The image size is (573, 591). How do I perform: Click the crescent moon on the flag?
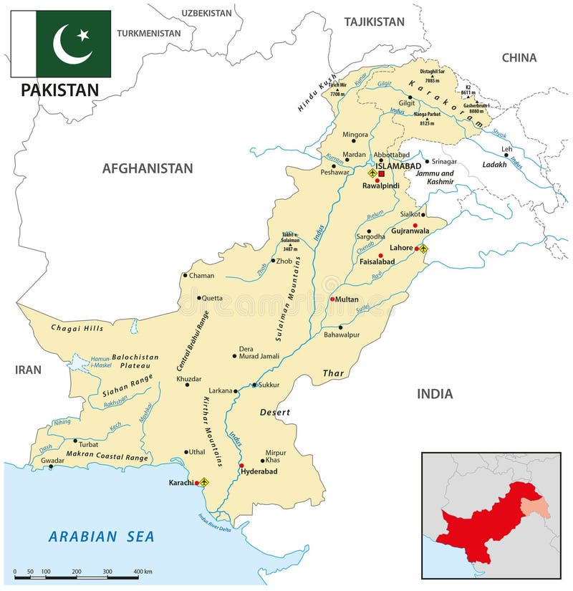pos(69,44)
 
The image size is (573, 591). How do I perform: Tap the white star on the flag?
pos(83,34)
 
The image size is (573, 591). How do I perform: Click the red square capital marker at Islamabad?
pos(382,173)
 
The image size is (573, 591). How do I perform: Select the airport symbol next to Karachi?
pos(204,482)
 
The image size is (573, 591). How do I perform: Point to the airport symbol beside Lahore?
pos(423,249)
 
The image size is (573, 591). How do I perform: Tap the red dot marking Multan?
pos(332,299)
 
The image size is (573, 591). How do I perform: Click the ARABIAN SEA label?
pos(102,536)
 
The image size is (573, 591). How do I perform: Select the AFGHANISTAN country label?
pos(148,168)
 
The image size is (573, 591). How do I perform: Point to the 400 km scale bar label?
pos(143,572)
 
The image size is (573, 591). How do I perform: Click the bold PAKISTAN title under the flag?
pos(60,90)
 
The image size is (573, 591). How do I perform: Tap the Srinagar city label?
pos(444,161)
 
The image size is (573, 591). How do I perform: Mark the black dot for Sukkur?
pos(254,385)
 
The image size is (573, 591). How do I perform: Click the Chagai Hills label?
pos(77,328)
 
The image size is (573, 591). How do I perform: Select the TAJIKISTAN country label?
pos(374,22)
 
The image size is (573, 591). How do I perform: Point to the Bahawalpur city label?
pos(341,335)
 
